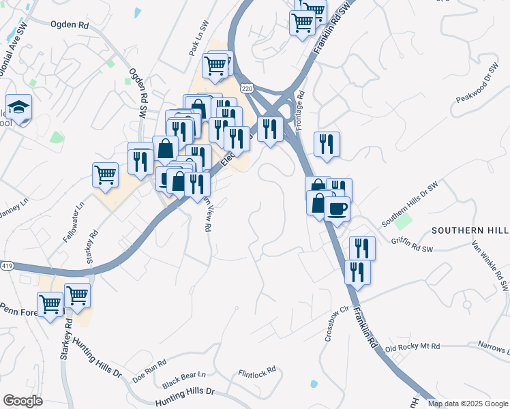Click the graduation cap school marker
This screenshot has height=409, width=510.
(19, 108)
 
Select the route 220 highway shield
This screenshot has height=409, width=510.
(247, 89)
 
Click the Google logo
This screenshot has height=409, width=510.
(22, 401)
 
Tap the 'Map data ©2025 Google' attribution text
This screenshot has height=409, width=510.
(468, 404)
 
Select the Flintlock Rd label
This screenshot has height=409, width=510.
(257, 372)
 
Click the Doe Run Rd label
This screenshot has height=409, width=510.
(149, 370)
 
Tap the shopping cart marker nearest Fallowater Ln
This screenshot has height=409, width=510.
(106, 174)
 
